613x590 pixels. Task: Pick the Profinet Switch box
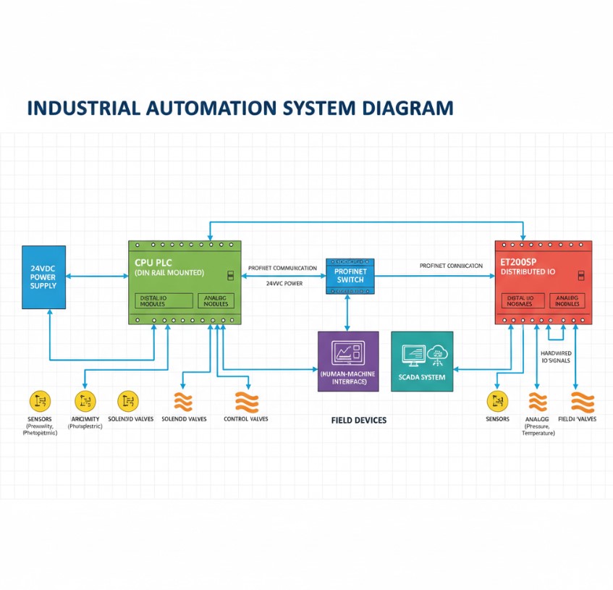[351, 276]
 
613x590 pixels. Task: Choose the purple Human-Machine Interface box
[348, 361]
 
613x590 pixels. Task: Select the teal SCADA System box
[422, 361]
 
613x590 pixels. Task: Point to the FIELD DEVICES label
[359, 420]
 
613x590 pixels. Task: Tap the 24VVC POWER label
[284, 284]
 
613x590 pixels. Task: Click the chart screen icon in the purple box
[348, 353]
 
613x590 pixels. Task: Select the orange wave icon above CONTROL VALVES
[246, 402]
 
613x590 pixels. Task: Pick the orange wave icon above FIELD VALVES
[582, 402]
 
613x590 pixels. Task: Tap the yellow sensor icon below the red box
[497, 401]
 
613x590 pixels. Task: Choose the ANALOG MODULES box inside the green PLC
[216, 300]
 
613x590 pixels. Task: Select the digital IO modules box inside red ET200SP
[520, 300]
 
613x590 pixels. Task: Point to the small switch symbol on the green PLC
[230, 276]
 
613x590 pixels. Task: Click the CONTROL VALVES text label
[246, 419]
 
